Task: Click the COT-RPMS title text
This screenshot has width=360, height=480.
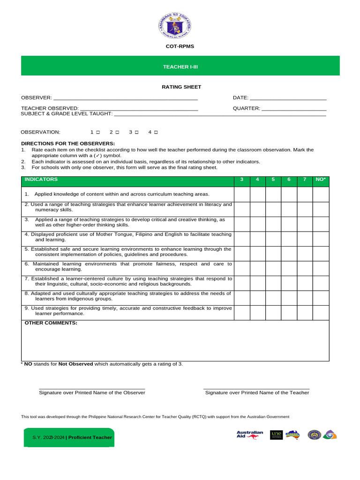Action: point(180,46)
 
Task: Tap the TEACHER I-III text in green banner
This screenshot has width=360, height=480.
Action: point(180,67)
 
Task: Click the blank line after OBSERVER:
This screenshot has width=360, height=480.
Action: point(126,98)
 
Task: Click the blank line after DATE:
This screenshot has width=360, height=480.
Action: point(288,98)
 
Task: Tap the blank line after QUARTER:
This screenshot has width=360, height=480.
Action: point(293,109)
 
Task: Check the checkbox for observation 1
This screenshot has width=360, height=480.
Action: point(98,133)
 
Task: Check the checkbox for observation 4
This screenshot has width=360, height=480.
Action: point(156,133)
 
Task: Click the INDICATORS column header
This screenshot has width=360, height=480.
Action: point(41,180)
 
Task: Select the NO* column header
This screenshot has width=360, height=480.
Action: point(321,180)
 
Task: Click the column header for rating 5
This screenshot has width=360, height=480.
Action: point(273,180)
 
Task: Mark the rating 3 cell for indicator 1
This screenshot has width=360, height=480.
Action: point(242,194)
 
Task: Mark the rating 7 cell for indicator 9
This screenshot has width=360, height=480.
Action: point(305,313)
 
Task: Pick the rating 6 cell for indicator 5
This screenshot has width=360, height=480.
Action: point(289,253)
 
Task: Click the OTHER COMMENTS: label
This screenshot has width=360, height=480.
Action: point(51,323)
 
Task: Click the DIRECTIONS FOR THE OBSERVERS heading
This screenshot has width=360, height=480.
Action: point(68,143)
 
